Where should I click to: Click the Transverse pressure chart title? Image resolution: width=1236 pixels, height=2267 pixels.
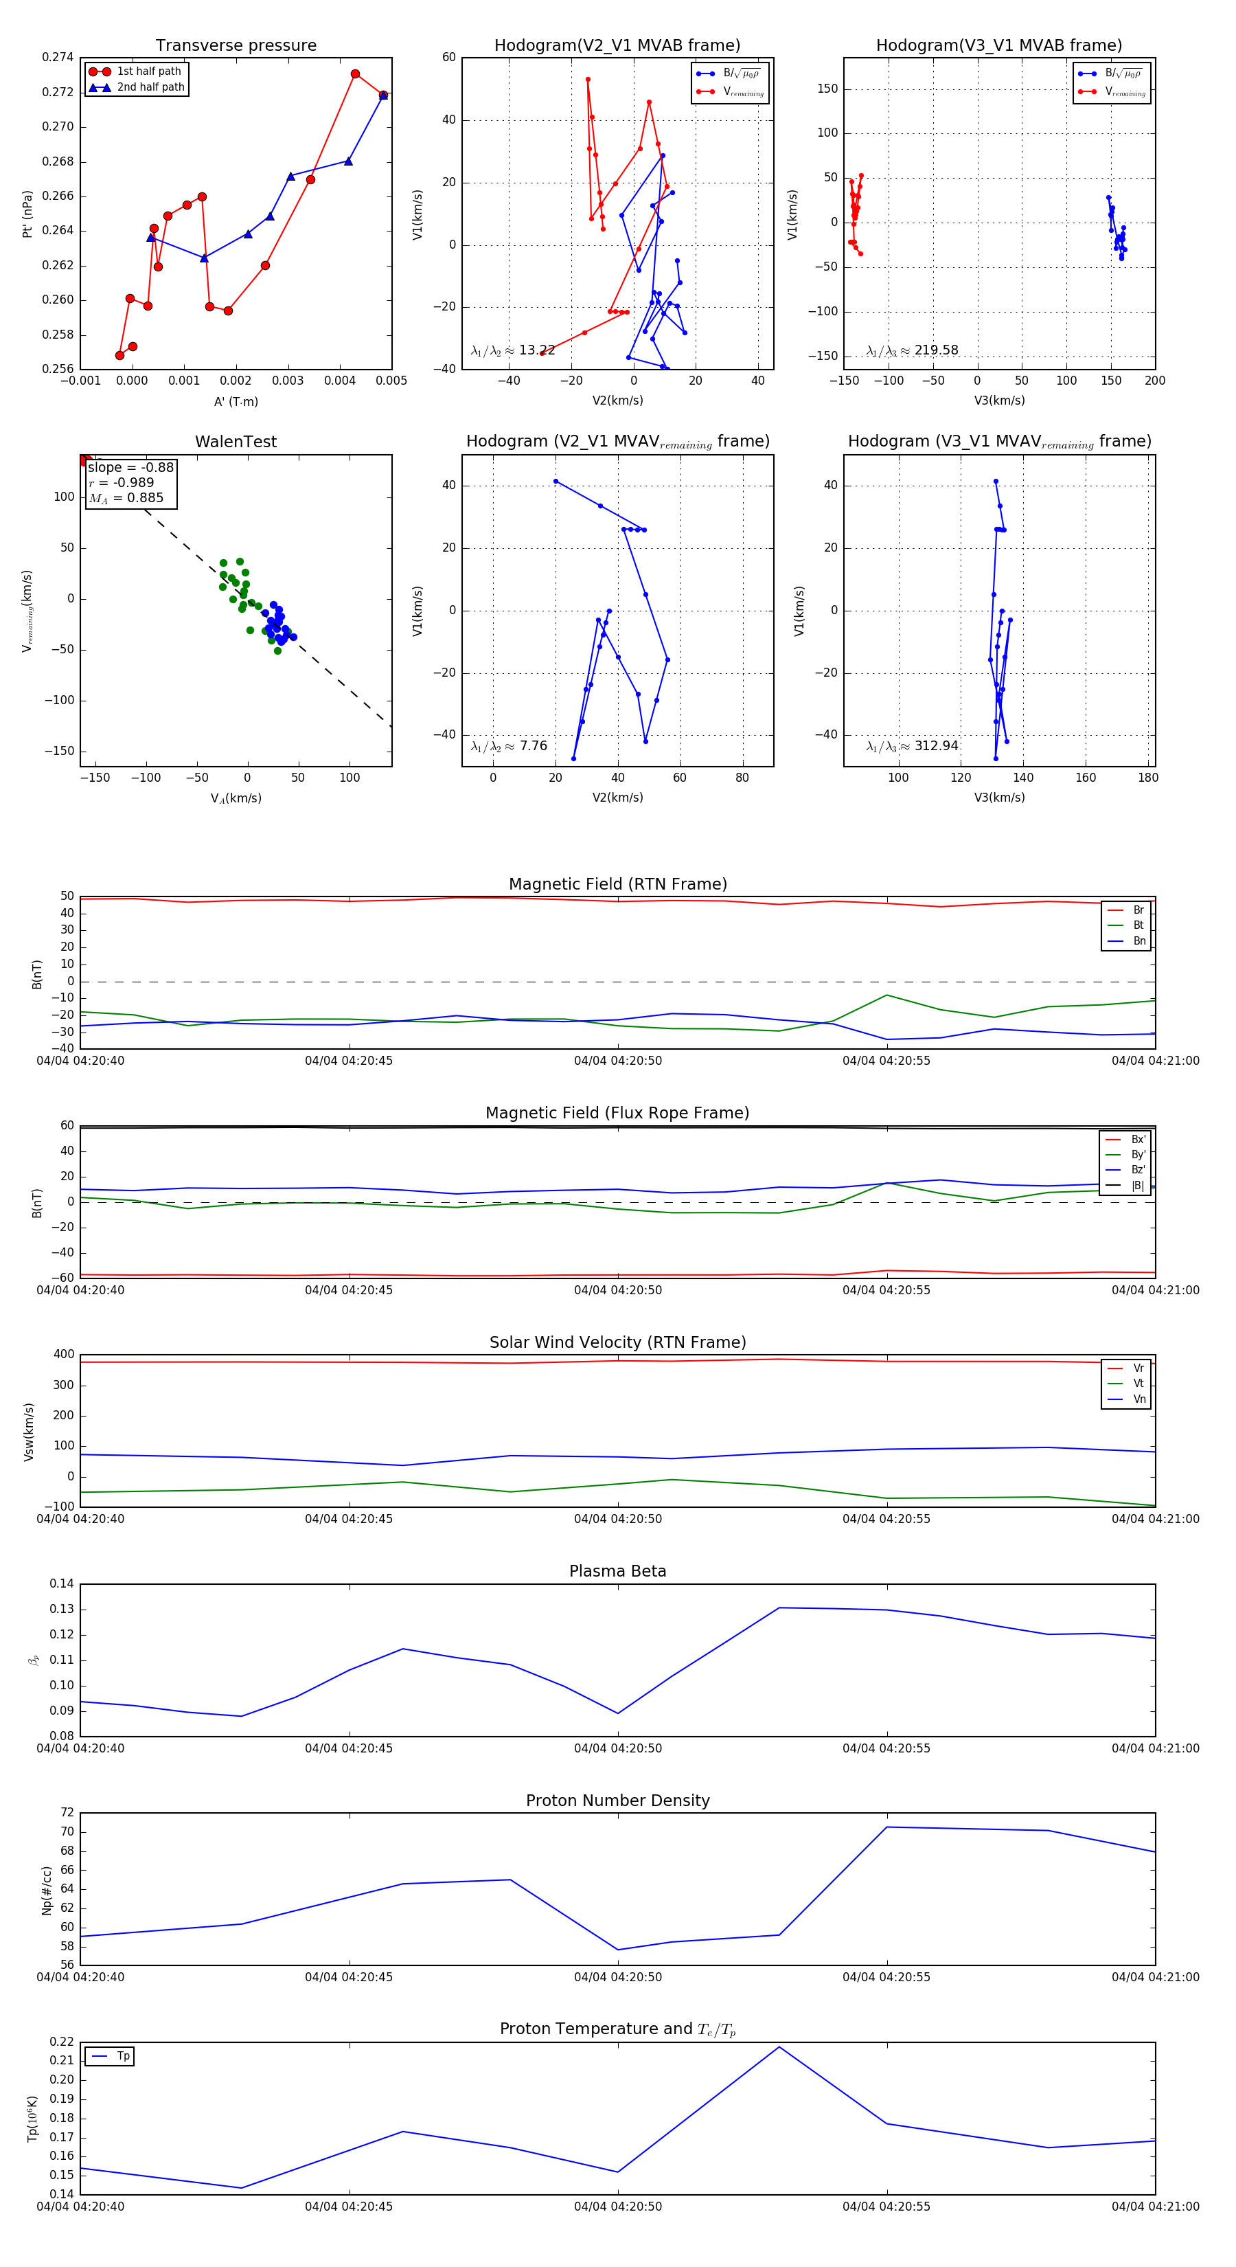tap(236, 46)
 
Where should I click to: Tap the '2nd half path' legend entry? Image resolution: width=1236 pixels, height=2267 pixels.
tap(150, 87)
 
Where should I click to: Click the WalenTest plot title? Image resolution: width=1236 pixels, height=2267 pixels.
tap(236, 442)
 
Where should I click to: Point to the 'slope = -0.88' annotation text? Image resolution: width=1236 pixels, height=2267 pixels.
tap(130, 467)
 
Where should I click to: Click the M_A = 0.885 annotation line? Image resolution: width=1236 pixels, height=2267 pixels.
tap(126, 498)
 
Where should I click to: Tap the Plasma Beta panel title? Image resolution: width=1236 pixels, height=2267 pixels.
tap(617, 1572)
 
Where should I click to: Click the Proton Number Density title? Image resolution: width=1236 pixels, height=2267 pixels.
tap(617, 1801)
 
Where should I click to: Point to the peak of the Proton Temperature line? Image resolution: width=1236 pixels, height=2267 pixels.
tap(779, 2047)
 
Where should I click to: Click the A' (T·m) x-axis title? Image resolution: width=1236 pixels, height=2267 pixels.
tap(236, 401)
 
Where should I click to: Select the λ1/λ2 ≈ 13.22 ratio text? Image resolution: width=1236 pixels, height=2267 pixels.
tap(513, 350)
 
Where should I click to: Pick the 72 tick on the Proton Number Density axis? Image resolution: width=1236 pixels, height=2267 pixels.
tap(67, 1813)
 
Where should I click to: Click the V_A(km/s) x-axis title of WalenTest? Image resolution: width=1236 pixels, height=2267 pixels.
tap(236, 798)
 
